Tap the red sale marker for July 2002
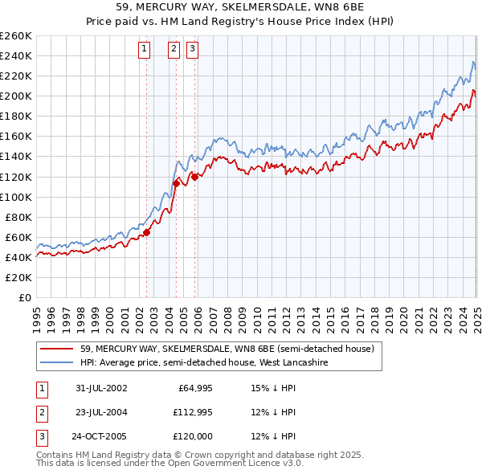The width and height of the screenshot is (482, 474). (x=147, y=233)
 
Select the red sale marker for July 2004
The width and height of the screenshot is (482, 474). (x=176, y=184)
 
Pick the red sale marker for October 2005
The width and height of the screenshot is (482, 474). (x=194, y=177)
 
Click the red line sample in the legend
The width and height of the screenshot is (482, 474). (x=58, y=349)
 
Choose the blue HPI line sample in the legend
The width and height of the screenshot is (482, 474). (x=58, y=363)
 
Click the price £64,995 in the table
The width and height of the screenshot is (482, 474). (x=194, y=388)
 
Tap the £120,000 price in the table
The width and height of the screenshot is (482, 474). (x=194, y=438)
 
